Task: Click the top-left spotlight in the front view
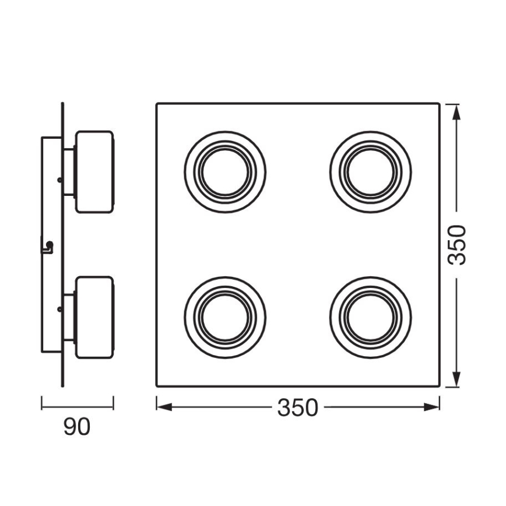225,172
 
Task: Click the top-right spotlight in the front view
370,172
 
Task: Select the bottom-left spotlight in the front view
225,318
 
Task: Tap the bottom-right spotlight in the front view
370,318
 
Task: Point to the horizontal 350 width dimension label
298,408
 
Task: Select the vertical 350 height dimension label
458,245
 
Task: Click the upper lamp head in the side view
94,171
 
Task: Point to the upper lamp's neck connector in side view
69,172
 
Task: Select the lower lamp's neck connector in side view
69,317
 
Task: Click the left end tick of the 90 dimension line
41,403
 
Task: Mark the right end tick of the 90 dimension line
113,403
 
